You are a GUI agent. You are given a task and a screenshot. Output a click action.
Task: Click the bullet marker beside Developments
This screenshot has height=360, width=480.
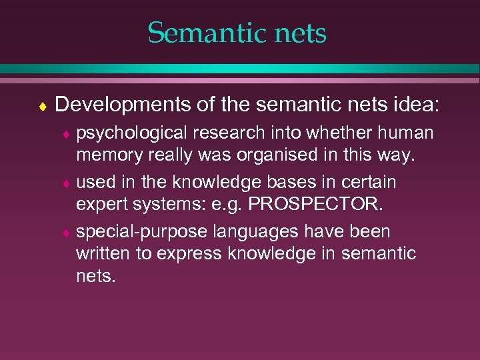[x=42, y=105]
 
